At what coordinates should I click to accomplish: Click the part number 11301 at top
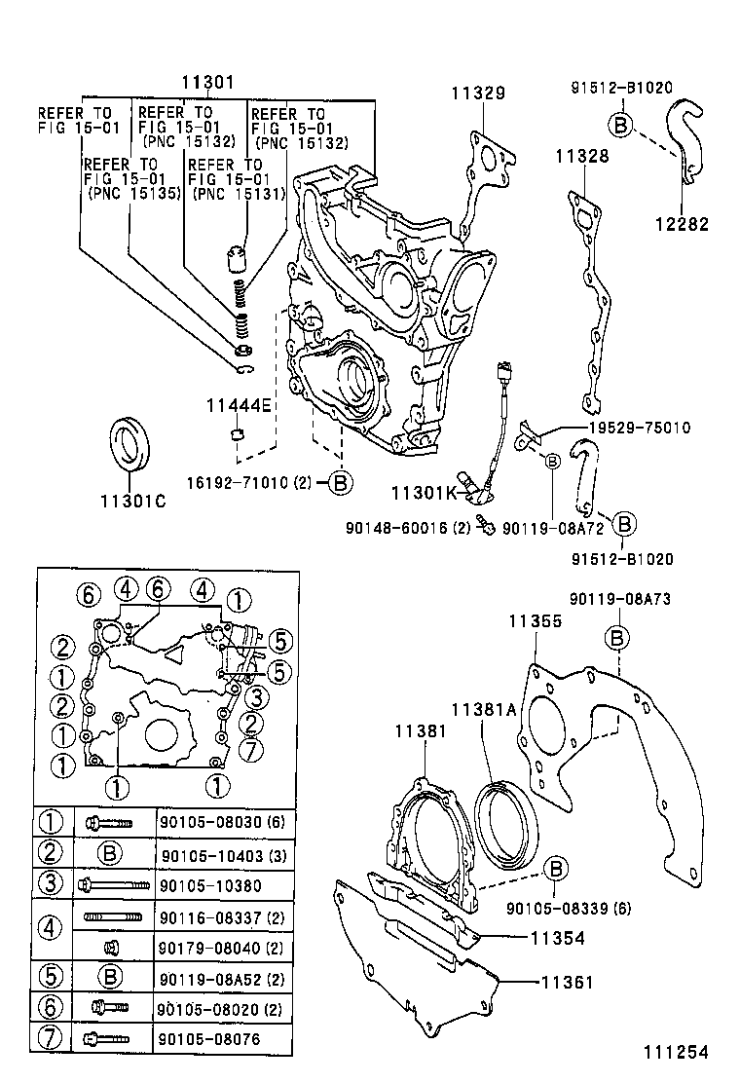(x=206, y=84)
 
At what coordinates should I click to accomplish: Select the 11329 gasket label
(x=477, y=93)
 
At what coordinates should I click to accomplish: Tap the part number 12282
(x=680, y=224)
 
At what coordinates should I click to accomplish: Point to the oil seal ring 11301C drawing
(x=129, y=445)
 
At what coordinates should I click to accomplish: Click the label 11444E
(x=239, y=404)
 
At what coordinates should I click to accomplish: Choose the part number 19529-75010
(x=639, y=427)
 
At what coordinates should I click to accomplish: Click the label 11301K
(x=425, y=493)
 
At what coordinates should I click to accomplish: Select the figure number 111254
(x=674, y=1052)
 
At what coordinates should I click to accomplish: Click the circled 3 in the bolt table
(x=50, y=884)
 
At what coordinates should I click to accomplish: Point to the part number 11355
(x=535, y=619)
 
